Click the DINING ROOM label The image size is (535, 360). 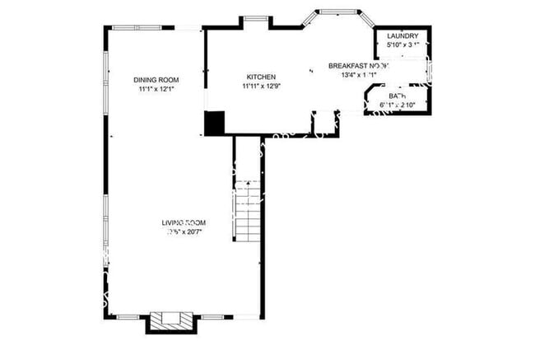[156, 80]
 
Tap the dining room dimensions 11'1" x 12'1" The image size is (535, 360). [156, 88]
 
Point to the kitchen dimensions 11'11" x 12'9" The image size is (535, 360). [259, 85]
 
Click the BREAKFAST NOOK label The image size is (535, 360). [358, 66]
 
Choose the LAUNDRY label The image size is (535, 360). [402, 36]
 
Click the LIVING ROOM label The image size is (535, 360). [183, 223]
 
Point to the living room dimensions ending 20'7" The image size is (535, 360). [184, 232]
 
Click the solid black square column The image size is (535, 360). [214, 123]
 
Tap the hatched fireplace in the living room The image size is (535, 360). [171, 319]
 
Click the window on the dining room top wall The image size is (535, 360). [132, 29]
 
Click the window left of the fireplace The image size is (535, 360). [131, 316]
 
